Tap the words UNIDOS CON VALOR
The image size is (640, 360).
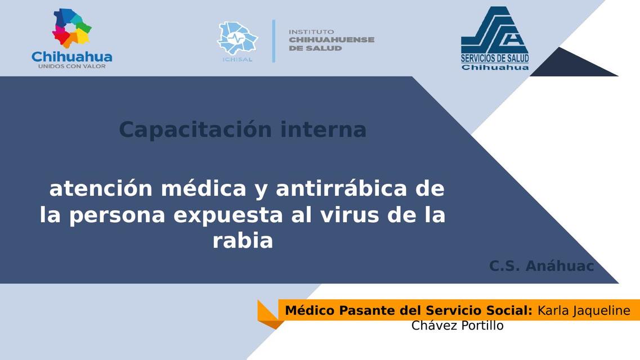71,66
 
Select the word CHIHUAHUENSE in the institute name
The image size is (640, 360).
332,40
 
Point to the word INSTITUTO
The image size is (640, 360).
311,31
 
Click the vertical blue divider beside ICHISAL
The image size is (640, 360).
274,40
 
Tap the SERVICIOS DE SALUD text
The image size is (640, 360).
495,58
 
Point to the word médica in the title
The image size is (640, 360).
204,190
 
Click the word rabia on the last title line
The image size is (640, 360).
243,241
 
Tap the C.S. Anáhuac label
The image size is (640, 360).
541,266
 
